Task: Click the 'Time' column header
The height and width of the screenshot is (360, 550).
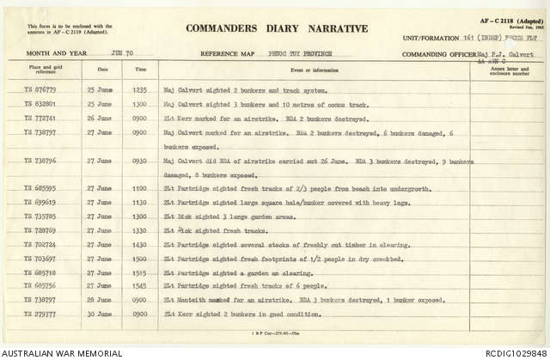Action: pos(140,68)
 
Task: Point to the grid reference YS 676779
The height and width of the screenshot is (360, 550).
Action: pos(36,88)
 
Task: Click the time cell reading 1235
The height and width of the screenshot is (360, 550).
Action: pos(140,88)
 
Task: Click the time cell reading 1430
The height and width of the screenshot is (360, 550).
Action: pos(140,244)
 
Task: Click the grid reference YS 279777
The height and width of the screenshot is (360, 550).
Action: pos(36,313)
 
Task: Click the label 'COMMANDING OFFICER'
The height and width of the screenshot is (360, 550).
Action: pos(436,53)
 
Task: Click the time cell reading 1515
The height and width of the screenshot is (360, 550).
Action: pos(140,272)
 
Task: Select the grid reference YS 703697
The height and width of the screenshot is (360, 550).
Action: pos(36,258)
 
